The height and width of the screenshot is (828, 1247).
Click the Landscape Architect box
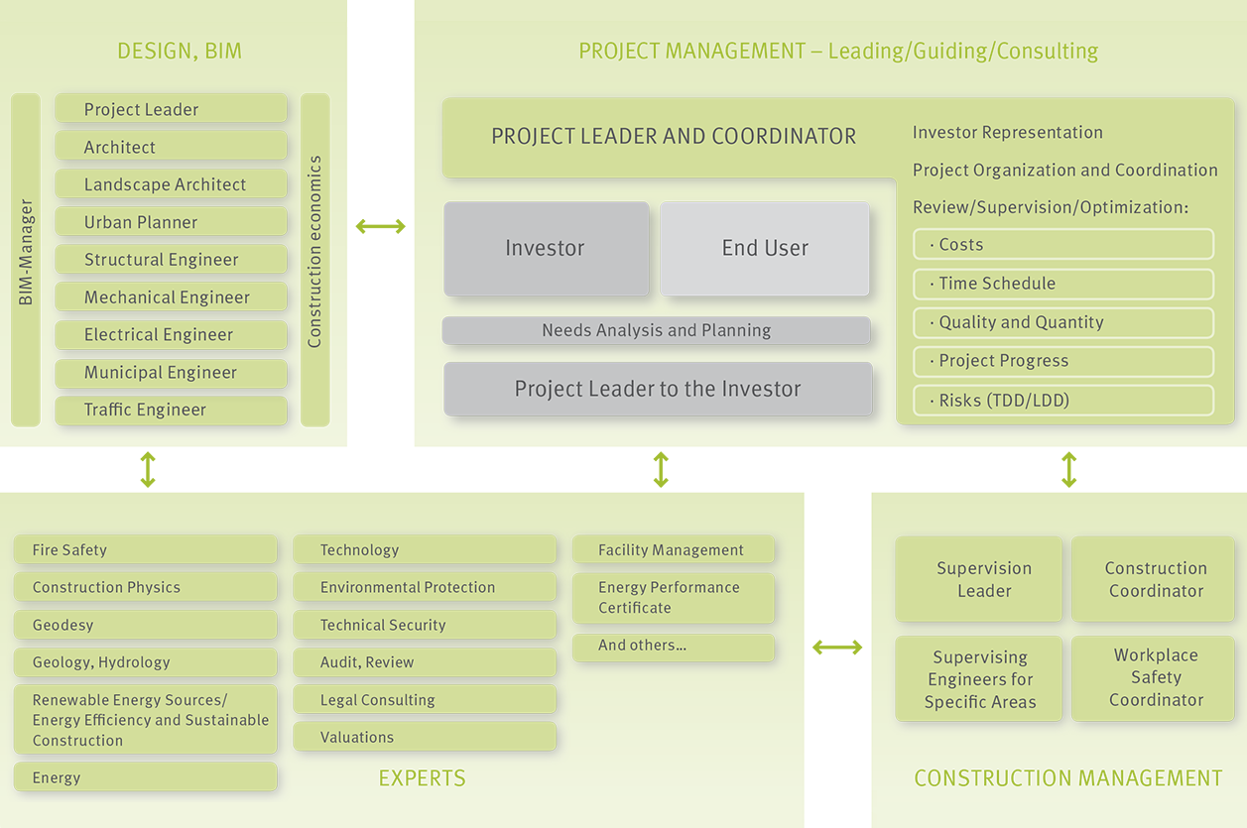click(x=171, y=183)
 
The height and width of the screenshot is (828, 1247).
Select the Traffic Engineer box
click(x=171, y=410)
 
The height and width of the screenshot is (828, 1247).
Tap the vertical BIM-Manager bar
click(x=26, y=259)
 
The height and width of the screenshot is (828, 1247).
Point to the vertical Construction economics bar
click(x=315, y=259)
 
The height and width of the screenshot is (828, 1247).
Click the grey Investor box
click(x=546, y=248)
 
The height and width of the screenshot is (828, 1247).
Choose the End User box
click(x=764, y=248)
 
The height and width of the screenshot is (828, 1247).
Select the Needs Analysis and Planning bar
click(x=657, y=330)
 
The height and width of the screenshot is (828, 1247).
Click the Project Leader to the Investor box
click(x=658, y=389)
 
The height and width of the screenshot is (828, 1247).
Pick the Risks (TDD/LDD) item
click(x=1063, y=400)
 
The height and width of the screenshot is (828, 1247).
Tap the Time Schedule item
click(x=1063, y=284)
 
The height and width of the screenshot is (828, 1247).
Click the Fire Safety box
click(x=145, y=549)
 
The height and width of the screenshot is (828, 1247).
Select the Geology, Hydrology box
click(x=145, y=661)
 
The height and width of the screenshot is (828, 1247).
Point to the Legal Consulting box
click(x=425, y=699)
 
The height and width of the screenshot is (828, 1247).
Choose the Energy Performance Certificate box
click(x=673, y=598)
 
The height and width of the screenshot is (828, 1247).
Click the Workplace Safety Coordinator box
click(x=1153, y=678)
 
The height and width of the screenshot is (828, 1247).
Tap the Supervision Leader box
click(x=979, y=579)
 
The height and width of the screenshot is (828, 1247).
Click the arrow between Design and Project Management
click(x=381, y=226)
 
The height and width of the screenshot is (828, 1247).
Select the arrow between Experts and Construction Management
click(x=837, y=648)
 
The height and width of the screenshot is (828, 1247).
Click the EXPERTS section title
click(x=422, y=777)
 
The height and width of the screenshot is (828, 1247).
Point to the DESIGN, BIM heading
click(x=180, y=52)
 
